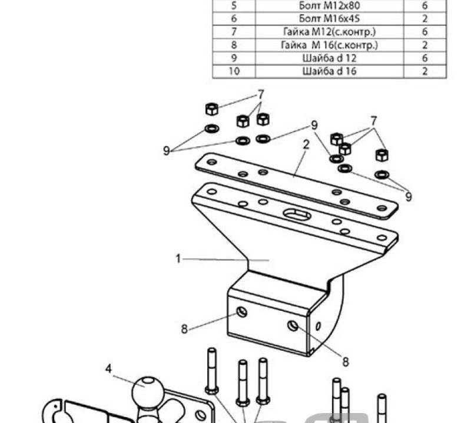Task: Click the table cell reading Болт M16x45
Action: tap(329, 19)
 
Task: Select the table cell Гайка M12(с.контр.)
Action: tap(329, 32)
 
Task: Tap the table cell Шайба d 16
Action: tap(329, 71)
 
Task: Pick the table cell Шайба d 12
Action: tap(329, 58)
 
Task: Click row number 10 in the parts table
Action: tap(234, 71)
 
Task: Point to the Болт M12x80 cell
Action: tap(329, 6)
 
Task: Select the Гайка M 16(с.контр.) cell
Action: tap(329, 45)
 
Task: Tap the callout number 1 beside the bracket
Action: tap(178, 258)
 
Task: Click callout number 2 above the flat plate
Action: tap(306, 145)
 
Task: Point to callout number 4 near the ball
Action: tap(108, 368)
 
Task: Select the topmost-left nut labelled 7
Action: tap(212, 109)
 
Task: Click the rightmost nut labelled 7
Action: tap(382, 155)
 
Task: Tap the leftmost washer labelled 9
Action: tap(212, 129)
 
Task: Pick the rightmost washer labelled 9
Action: tap(382, 174)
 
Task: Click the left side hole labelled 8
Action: tap(242, 312)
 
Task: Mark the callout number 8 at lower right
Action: tap(346, 362)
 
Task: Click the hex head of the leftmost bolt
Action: tap(212, 390)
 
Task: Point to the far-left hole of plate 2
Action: tap(212, 162)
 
